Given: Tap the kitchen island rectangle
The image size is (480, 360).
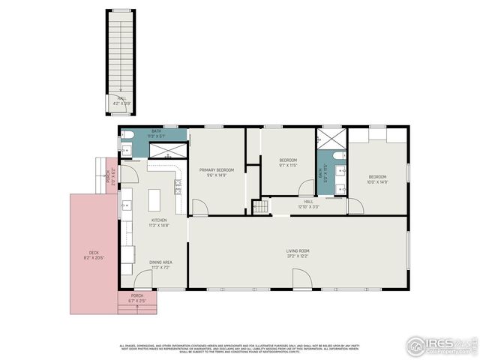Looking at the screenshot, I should pyautogui.click(x=155, y=199).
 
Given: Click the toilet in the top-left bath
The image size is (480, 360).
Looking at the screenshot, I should pyautogui.click(x=126, y=136).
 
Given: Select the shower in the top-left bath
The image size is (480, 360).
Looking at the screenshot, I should pyautogui.click(x=166, y=150).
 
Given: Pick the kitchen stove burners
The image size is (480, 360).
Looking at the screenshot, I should pyautogui.click(x=180, y=185).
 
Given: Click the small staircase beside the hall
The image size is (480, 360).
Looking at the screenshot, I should pyautogui.click(x=260, y=206).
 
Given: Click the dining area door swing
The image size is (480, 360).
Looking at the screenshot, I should pyautogui.click(x=144, y=278).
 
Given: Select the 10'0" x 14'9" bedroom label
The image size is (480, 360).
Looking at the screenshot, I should pyautogui.click(x=376, y=178).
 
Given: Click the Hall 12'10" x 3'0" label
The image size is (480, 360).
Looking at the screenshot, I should pyautogui.click(x=308, y=204).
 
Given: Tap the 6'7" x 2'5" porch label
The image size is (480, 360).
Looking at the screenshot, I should pyautogui.click(x=137, y=298).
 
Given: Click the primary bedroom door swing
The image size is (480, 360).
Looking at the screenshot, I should pyautogui.click(x=200, y=207).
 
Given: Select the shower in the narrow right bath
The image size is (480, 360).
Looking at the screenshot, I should pyautogui.click(x=330, y=139).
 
